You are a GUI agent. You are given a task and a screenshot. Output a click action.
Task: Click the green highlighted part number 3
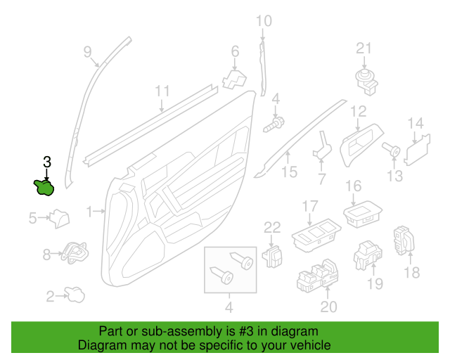(x=44, y=188)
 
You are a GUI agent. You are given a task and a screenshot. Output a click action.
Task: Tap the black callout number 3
(x=47, y=162)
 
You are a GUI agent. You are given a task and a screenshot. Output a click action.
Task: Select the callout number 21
(x=364, y=49)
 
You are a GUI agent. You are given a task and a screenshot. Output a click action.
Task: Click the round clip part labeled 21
(x=366, y=82)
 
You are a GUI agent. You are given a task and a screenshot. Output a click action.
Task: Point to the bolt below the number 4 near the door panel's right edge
(x=274, y=124)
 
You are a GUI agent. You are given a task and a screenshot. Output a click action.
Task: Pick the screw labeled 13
(x=391, y=149)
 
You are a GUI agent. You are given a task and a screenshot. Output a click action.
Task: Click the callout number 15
(x=289, y=172)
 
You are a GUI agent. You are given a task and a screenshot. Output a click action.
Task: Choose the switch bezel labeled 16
(x=363, y=214)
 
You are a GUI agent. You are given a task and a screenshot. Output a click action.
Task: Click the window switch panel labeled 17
(x=316, y=236)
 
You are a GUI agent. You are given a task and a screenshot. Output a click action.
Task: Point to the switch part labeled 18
(x=404, y=240)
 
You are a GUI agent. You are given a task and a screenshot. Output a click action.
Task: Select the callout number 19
(x=375, y=283)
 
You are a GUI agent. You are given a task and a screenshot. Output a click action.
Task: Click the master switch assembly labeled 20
(x=318, y=276)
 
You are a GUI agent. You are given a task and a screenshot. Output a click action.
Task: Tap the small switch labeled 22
(x=272, y=257)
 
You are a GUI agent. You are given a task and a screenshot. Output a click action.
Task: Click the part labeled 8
(x=75, y=252)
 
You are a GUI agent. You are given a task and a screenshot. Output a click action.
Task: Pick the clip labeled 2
(x=75, y=295)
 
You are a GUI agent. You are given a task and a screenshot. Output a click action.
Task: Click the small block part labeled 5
(x=59, y=219)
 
